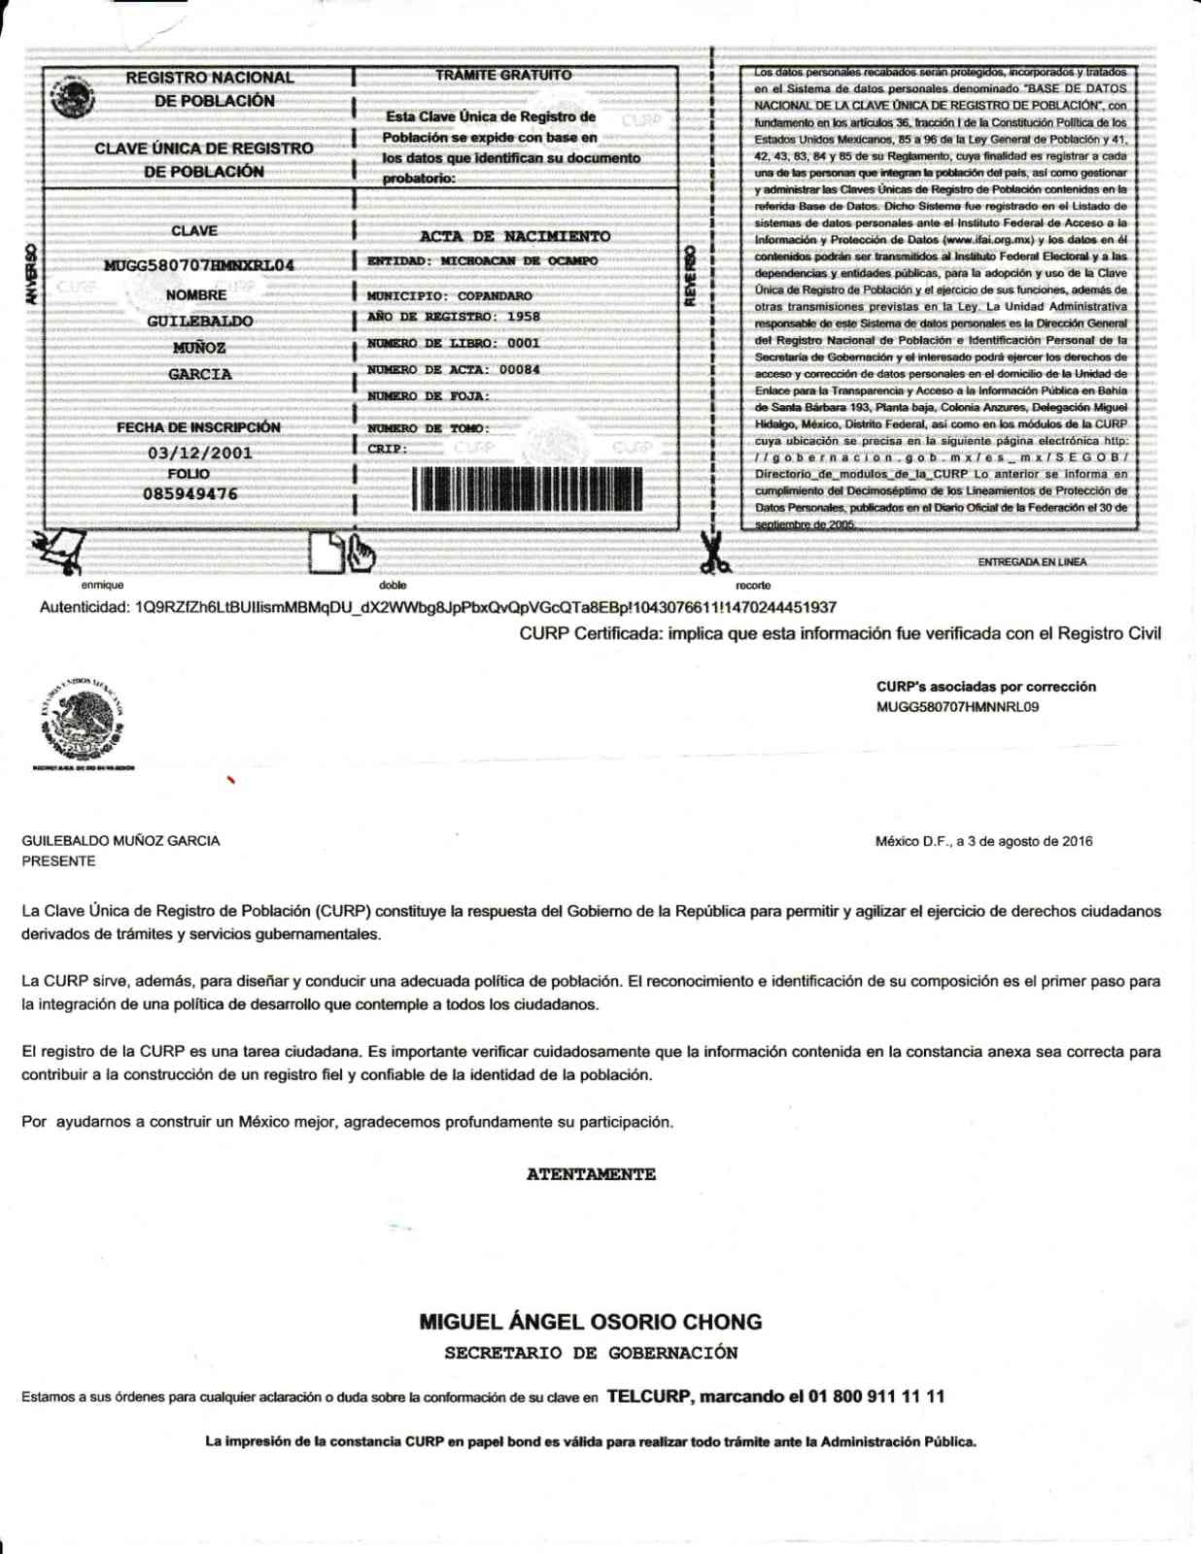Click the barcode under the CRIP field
[x=528, y=489]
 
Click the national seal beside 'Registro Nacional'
[x=73, y=98]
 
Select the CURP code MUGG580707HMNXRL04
[x=198, y=265]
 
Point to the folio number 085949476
[x=190, y=494]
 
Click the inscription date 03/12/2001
[x=199, y=454]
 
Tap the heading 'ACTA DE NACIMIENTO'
[x=515, y=236]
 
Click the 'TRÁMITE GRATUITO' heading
[x=503, y=75]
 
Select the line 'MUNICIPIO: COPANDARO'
[x=449, y=295]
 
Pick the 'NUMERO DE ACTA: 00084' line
[x=453, y=370]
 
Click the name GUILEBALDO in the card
[x=199, y=321]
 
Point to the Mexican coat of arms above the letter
[x=83, y=724]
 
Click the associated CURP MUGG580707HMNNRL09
[x=957, y=707]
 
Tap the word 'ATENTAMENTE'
[x=591, y=1174]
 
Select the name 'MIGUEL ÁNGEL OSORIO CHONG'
[x=591, y=1322]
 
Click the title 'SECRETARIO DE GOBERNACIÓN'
[x=591, y=1353]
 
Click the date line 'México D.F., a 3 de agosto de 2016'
[x=983, y=841]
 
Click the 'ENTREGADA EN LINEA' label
[x=1032, y=562]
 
